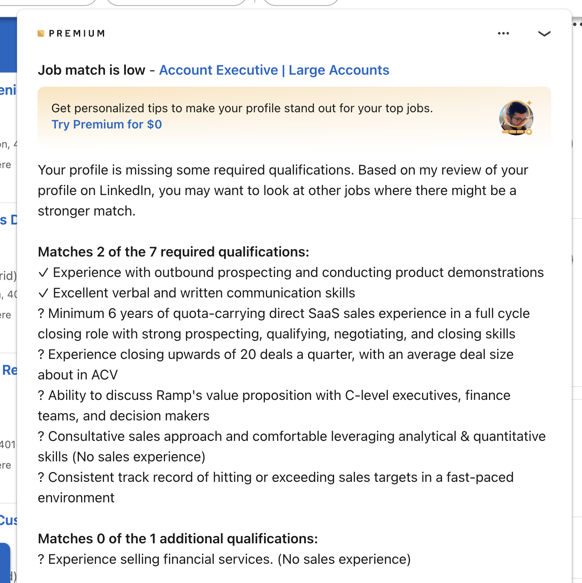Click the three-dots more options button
coord(503,33)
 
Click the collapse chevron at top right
coord(544,33)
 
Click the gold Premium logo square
coord(41,33)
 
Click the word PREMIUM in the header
coord(77,33)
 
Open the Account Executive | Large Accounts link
coord(274,70)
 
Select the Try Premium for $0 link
coord(107,124)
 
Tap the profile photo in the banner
coord(516,118)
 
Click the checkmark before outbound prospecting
coord(44,272)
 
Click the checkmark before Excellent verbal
coord(44,293)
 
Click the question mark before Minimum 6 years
coord(41,313)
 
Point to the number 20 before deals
coord(248,354)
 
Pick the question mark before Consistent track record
coord(41,477)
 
